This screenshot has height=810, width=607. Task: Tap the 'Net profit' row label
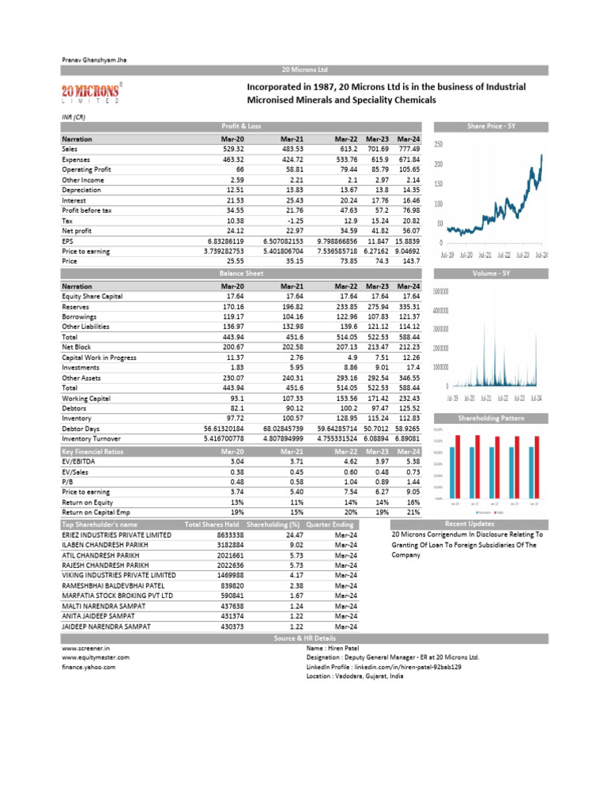pyautogui.click(x=77, y=230)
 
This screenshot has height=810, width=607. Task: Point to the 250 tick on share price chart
pyautogui.click(x=439, y=144)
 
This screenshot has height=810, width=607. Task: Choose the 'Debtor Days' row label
pyautogui.click(x=80, y=427)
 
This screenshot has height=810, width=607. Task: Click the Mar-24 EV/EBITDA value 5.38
pyautogui.click(x=411, y=460)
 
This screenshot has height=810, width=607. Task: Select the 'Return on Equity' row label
pyautogui.click(x=87, y=502)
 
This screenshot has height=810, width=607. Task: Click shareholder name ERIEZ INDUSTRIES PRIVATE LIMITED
pyautogui.click(x=116, y=534)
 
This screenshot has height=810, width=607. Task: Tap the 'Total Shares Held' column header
pyautogui.click(x=212, y=524)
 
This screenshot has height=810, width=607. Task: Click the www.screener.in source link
pyautogui.click(x=85, y=646)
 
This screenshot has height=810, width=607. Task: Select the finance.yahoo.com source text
pyautogui.click(x=88, y=667)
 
